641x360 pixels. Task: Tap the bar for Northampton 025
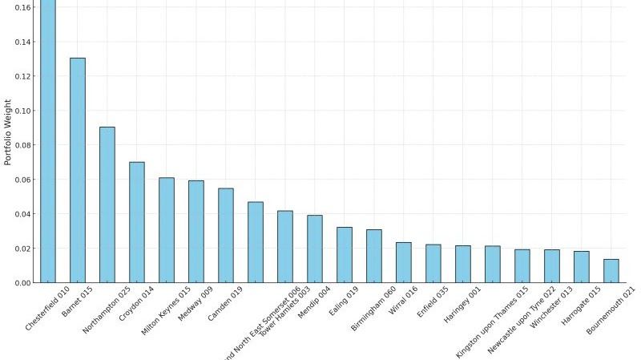(x=107, y=204)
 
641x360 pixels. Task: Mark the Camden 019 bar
(x=226, y=236)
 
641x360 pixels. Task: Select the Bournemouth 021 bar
(x=611, y=271)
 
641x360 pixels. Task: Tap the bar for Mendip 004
(x=315, y=249)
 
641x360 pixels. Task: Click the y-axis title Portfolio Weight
(x=9, y=131)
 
